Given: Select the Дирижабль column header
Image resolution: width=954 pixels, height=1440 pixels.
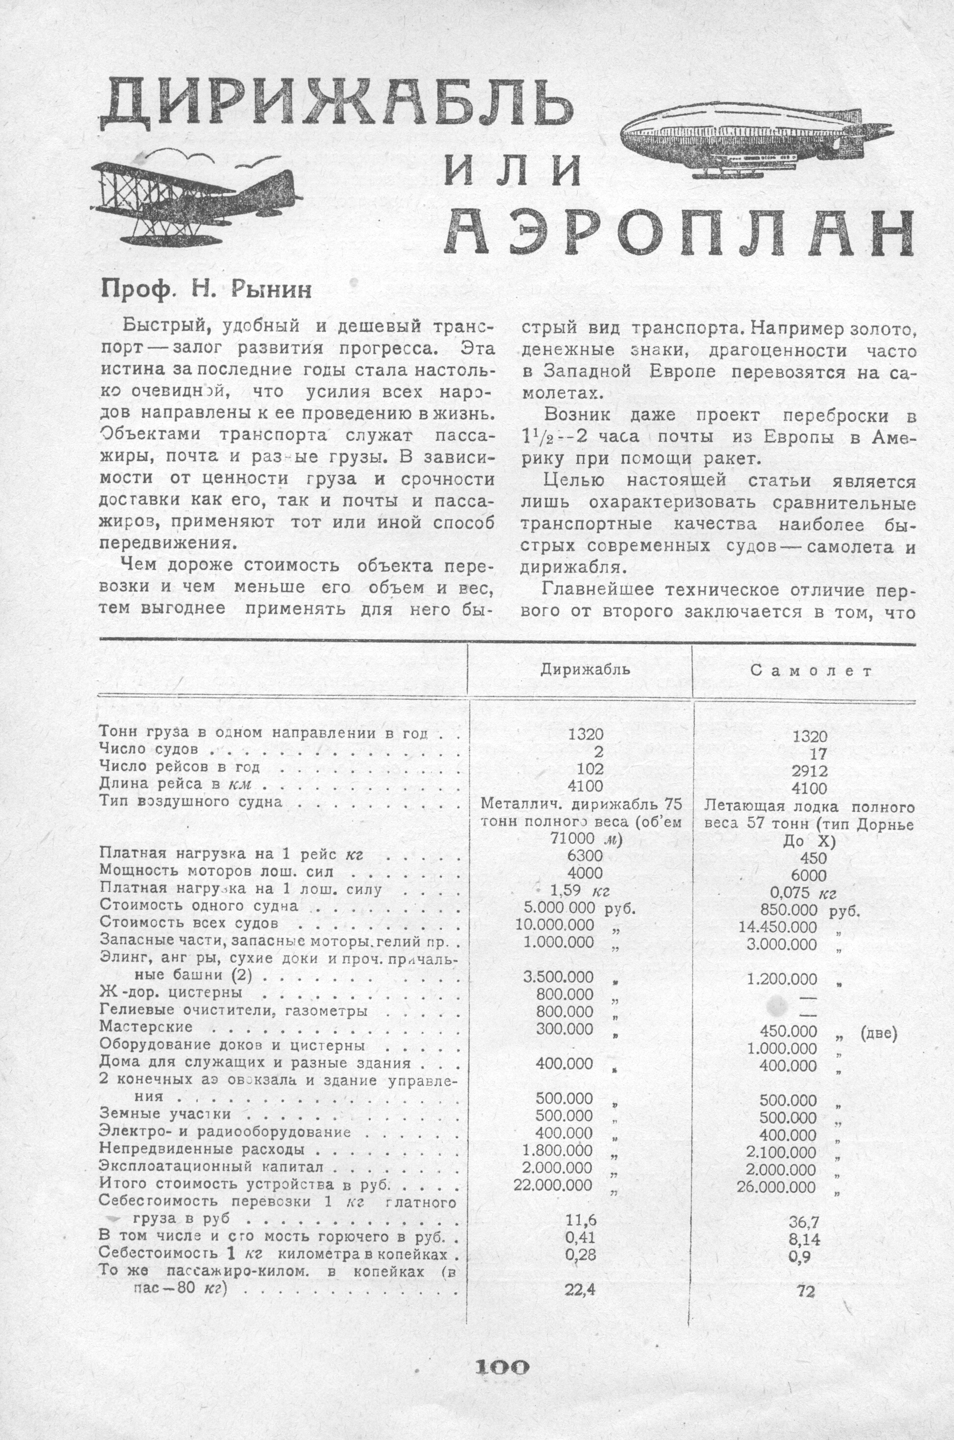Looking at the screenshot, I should (x=585, y=670).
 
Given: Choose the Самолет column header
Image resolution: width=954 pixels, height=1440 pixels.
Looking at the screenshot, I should (x=812, y=671).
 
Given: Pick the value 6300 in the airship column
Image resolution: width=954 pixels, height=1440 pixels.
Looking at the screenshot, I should (x=585, y=855).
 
